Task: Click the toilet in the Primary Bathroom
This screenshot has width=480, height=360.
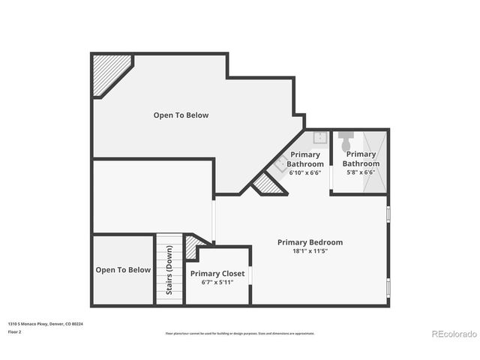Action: [346, 140]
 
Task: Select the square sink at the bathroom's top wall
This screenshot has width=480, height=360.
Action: [319, 138]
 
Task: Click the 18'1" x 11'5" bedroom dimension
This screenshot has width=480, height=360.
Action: [310, 250]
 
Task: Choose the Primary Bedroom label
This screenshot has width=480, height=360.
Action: [310, 242]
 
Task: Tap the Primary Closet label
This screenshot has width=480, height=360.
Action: [217, 274]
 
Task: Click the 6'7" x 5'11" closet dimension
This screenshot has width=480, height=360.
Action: [217, 283]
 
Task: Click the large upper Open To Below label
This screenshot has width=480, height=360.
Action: [181, 115]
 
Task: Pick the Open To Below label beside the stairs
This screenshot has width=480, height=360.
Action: [123, 270]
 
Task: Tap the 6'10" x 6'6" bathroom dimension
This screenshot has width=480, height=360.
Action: [305, 172]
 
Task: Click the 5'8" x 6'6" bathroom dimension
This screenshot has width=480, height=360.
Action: [361, 172]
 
